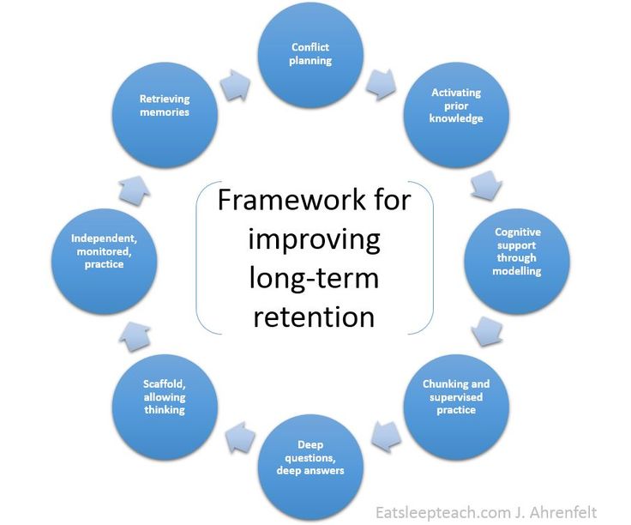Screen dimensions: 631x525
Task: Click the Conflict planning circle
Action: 310,55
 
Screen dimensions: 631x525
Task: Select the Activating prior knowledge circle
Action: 456,115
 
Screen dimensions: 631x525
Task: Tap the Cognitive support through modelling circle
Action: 517,262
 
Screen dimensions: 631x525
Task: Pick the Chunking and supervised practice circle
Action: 456,407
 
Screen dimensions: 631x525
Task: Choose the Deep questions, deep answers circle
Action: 310,468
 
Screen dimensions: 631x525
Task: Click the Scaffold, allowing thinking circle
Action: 165,407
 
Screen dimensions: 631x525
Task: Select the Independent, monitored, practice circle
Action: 105,262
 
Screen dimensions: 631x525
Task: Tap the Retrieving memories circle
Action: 165,115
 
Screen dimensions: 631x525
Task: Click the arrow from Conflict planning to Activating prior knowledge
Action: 382,85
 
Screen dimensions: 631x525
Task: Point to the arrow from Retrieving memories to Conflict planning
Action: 236,85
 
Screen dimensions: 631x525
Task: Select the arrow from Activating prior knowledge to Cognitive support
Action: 486,185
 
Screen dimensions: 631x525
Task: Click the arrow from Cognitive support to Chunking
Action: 486,332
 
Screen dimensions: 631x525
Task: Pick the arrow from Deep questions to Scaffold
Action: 240,437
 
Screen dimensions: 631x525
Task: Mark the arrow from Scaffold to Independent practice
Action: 135,336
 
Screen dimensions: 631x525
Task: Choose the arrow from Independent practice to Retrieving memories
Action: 135,190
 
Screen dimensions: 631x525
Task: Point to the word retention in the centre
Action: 314,317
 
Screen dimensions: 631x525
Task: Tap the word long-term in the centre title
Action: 314,279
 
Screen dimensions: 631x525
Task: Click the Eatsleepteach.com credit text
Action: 486,512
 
